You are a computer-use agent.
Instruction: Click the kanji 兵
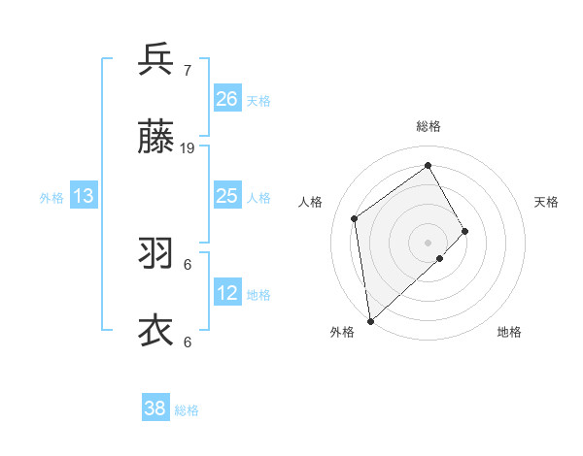[155, 59]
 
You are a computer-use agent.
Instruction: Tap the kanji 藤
[155, 137]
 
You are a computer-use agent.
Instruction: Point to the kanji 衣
[155, 331]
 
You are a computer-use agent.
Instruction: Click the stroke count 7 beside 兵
[188, 70]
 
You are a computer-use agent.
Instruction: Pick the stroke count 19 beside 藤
[188, 147]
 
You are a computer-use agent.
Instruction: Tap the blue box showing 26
[227, 99]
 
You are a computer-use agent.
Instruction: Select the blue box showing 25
[227, 196]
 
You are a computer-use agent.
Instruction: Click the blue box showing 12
[227, 293]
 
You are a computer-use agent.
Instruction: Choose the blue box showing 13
[84, 196]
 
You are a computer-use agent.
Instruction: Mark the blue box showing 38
[155, 408]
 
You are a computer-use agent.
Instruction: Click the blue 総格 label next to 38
[187, 410]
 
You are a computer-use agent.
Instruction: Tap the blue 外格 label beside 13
[51, 198]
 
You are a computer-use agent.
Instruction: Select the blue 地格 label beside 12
[258, 295]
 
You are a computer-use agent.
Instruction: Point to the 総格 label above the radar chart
[428, 126]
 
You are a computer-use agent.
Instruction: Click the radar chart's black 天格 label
[547, 202]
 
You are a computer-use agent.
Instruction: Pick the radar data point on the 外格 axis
[370, 320]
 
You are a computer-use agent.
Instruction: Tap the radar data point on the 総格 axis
[428, 165]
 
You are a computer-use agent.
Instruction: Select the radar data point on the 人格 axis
[355, 218]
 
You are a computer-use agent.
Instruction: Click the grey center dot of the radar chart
[428, 241]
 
